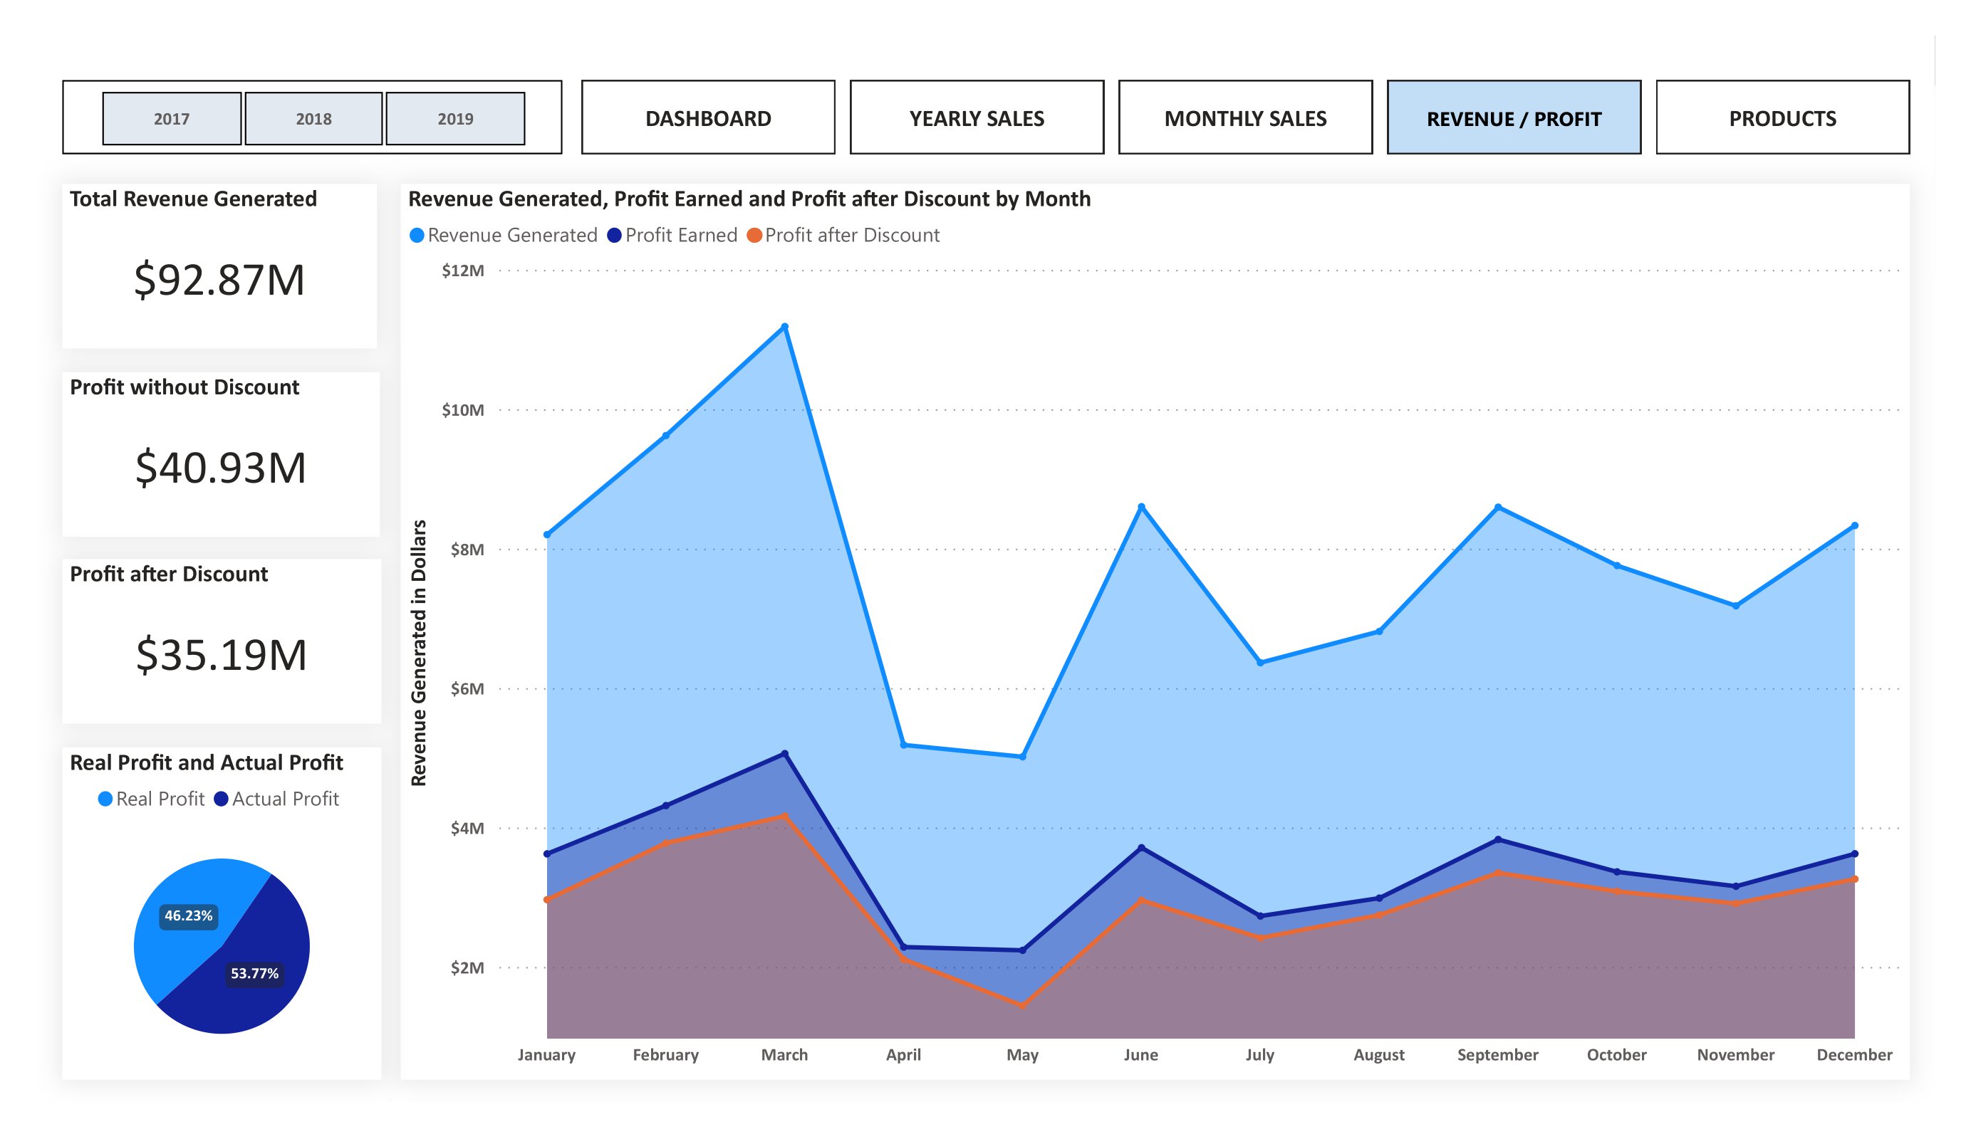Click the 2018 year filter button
313,119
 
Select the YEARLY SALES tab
976,118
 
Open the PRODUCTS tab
1782,118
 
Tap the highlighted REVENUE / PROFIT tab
1514,118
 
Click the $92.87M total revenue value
219,280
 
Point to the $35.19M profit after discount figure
222,654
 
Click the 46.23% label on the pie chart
189,915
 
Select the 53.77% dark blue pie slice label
254,973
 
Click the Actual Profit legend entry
277,799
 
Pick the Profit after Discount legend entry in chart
844,236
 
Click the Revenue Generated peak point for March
784,327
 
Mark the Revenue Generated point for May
1022,757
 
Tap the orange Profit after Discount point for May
1022,1005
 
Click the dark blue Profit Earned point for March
784,754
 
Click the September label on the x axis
1497,1054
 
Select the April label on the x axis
903,1054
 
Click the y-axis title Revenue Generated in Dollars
420,653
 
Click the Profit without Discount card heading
184,387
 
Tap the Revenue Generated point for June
1141,508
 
